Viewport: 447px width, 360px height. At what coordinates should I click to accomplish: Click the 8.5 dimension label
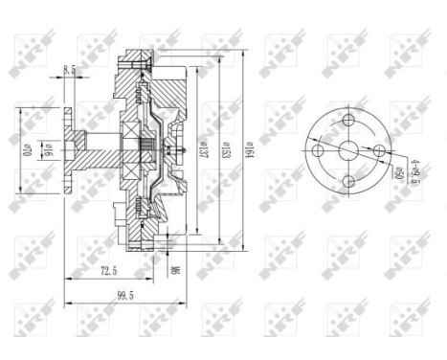point(70,69)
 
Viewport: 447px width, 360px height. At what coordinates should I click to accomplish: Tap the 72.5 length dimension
point(107,271)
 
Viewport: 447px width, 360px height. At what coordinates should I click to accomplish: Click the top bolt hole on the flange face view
point(346,122)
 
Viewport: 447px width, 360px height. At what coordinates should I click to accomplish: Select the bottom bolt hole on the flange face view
point(346,179)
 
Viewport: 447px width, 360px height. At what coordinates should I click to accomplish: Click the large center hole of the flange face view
point(346,150)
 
